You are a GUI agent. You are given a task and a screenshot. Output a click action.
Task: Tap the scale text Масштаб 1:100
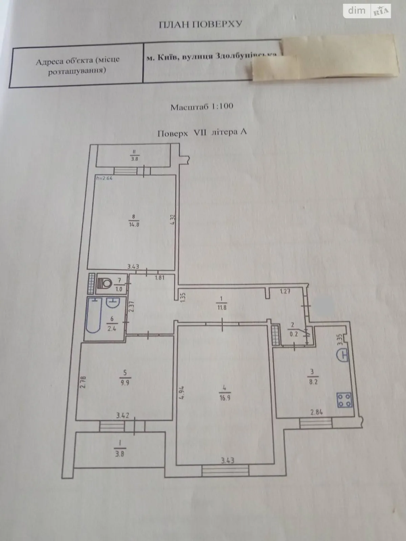(202, 107)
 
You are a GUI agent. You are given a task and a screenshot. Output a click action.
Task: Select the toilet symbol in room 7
(106, 283)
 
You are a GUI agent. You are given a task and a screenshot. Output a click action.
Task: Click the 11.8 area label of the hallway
(222, 308)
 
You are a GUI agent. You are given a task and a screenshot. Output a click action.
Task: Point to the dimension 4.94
(182, 393)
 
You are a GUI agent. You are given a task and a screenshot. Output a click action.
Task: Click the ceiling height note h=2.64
(104, 179)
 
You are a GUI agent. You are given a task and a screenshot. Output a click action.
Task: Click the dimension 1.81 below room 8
(159, 278)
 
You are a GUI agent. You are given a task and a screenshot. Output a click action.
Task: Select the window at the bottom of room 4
(225, 470)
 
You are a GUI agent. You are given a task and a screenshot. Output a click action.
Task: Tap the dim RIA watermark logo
(367, 11)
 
